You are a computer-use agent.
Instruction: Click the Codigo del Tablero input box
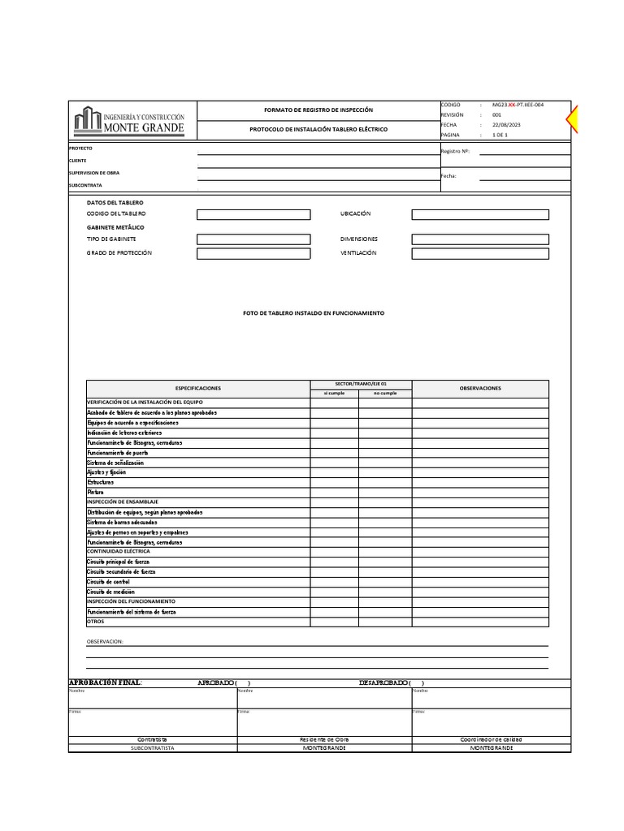[x=253, y=214]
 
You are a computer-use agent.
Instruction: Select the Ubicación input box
[x=479, y=214]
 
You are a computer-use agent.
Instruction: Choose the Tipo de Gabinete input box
[x=253, y=239]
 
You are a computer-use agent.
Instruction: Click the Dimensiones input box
[x=479, y=239]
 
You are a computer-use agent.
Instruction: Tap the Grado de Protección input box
[x=253, y=253]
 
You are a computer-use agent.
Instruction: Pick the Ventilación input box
[x=479, y=253]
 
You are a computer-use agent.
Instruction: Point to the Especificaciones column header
[x=198, y=388]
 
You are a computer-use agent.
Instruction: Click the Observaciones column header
[x=480, y=388]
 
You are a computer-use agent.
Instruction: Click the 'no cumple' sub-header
[x=385, y=393]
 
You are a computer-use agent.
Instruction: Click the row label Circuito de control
[x=108, y=582]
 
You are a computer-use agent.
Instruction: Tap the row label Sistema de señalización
[x=115, y=463]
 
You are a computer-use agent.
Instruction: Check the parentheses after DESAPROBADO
[x=416, y=682]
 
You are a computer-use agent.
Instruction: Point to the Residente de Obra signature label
[x=323, y=739]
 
